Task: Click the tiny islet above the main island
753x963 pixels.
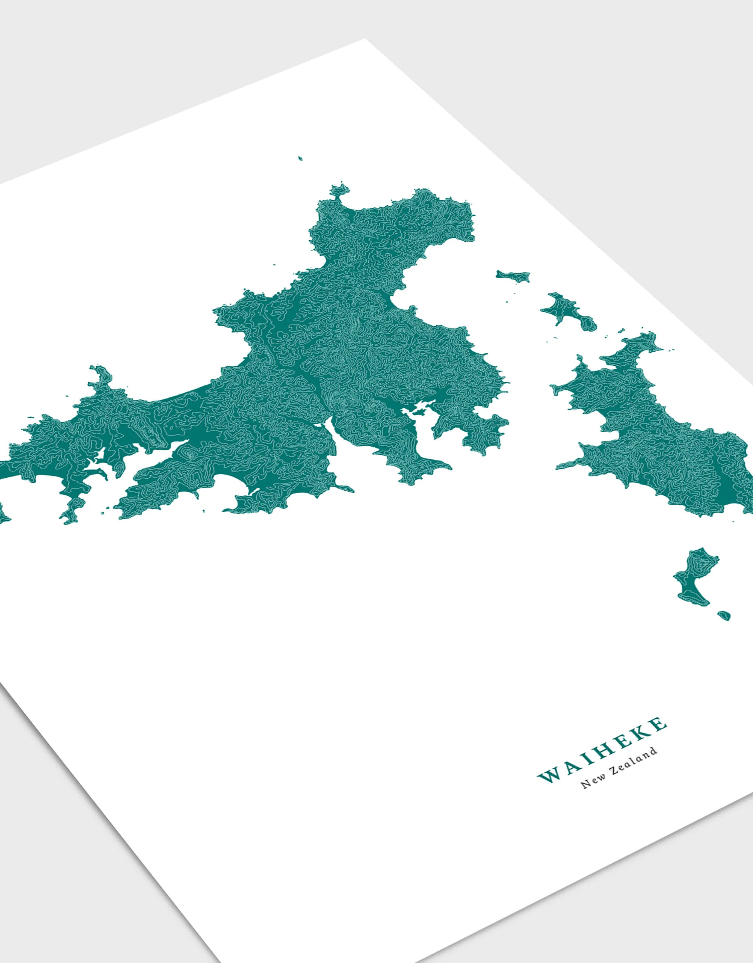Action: tap(300, 158)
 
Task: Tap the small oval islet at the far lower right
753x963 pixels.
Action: tap(724, 615)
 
